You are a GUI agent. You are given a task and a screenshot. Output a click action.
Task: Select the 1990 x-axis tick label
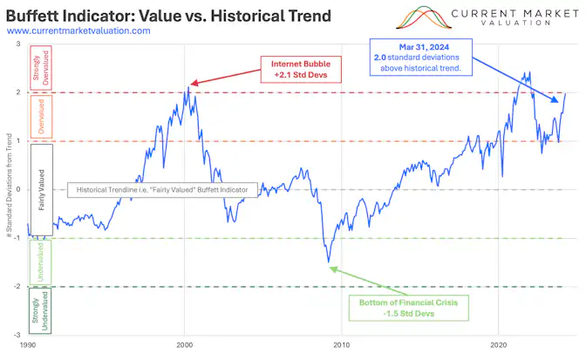click(x=28, y=345)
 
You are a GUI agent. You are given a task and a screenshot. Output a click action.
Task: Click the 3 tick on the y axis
click(x=20, y=44)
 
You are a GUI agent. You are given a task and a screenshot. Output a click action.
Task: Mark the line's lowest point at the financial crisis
click(x=329, y=262)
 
